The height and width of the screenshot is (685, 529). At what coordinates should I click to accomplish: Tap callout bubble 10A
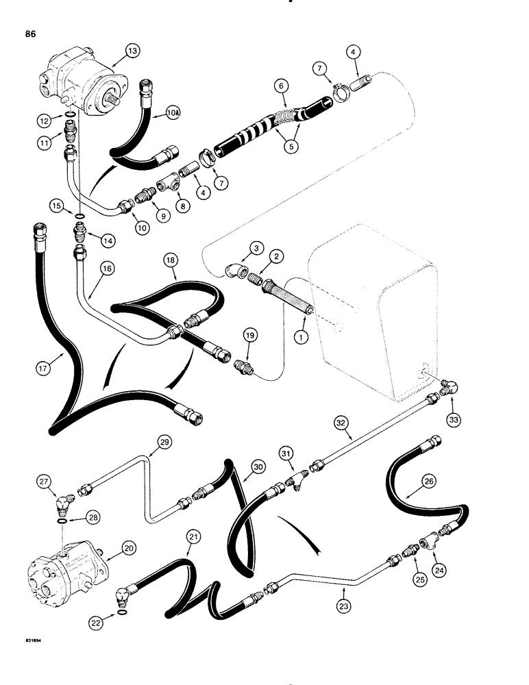pos(157,112)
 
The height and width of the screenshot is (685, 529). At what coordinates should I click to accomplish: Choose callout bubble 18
pos(169,262)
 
